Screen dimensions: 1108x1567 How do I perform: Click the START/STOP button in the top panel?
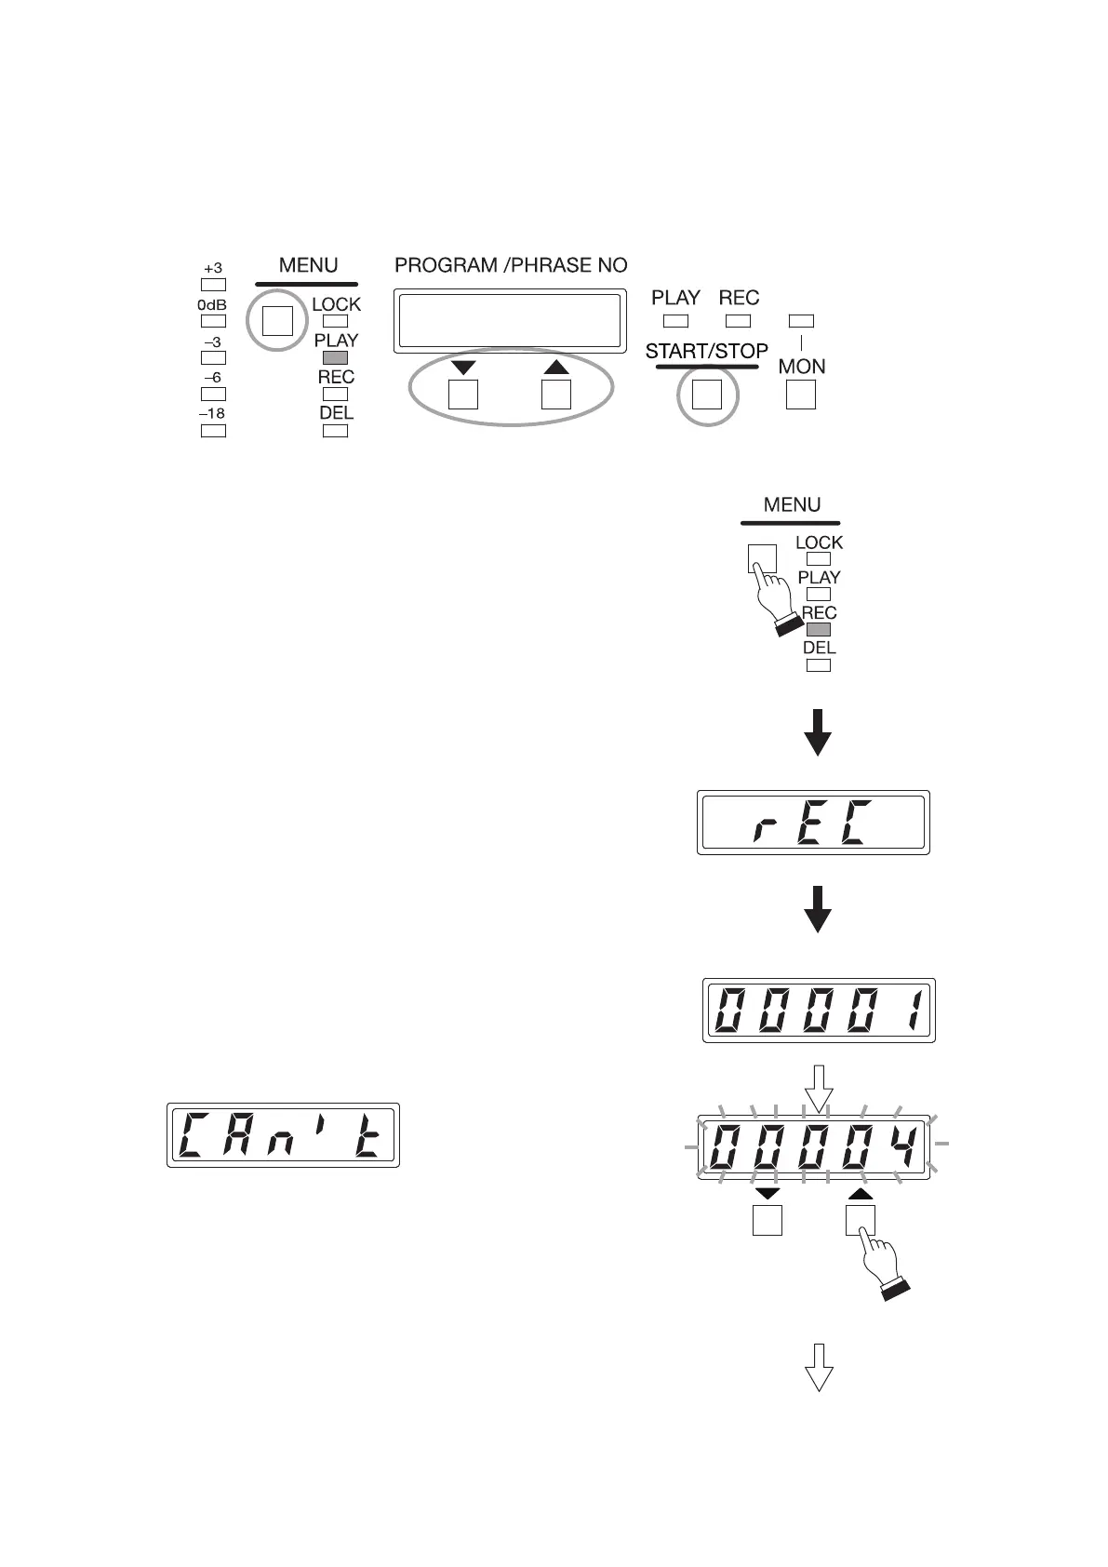pos(706,395)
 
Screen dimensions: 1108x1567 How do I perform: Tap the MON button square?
pos(801,395)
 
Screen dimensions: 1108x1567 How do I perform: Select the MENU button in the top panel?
pos(277,320)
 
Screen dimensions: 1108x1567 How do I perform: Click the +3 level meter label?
pos(213,268)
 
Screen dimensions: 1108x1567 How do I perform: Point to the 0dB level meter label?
pos(213,304)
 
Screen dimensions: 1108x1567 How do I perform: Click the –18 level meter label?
pos(213,413)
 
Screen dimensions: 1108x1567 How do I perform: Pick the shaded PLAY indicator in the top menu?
pos(335,357)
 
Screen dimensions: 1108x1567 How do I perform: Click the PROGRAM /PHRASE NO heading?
pos(511,265)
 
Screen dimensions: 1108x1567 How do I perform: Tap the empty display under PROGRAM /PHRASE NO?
pos(508,322)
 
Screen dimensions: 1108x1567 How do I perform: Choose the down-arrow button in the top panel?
pos(463,395)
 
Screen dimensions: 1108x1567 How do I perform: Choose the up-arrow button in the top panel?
pos(555,395)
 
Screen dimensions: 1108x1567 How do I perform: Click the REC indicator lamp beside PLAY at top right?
pos(739,321)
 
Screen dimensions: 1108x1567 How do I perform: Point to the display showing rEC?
pos(813,823)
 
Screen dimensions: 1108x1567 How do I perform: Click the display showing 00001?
pos(817,1011)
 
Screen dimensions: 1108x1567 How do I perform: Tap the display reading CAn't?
pos(283,1135)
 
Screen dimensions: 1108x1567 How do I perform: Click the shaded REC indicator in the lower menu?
pos(819,630)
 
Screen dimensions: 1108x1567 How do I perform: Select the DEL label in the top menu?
pos(336,413)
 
